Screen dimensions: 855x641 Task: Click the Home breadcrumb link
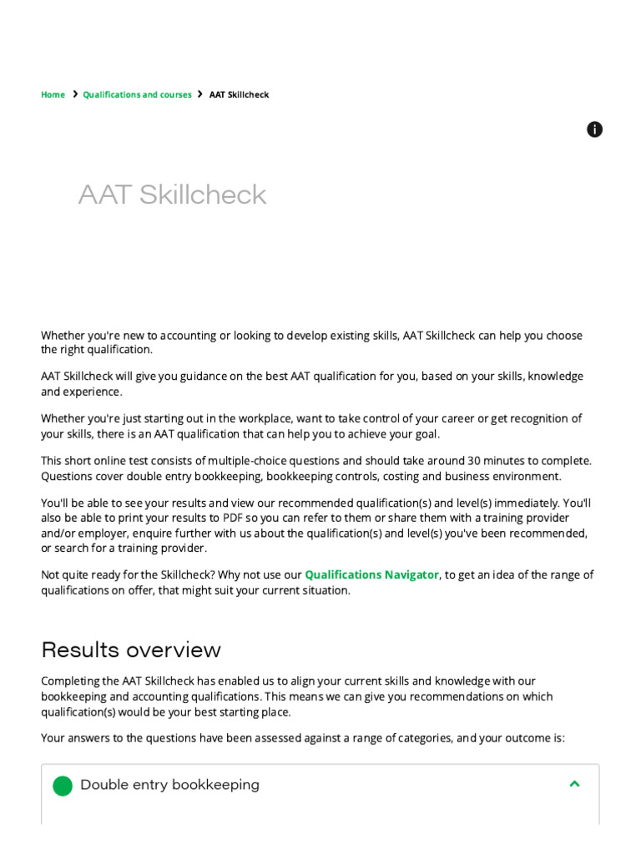pos(53,94)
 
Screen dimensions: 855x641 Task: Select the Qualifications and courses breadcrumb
pos(137,94)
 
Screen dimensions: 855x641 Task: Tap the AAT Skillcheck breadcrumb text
pos(239,94)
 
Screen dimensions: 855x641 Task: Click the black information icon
pos(594,129)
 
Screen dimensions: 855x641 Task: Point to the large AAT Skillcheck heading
pos(172,195)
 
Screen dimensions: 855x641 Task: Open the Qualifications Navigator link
pos(371,574)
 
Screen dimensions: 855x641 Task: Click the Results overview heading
pos(131,650)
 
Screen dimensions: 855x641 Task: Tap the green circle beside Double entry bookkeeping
pos(63,786)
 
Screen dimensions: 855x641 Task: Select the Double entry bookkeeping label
pos(169,785)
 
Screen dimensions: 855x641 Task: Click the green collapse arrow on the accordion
pos(574,784)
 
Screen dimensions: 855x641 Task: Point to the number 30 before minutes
pos(474,461)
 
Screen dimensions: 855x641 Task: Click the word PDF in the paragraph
pos(232,518)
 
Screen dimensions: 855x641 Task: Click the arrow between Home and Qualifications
pos(75,94)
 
